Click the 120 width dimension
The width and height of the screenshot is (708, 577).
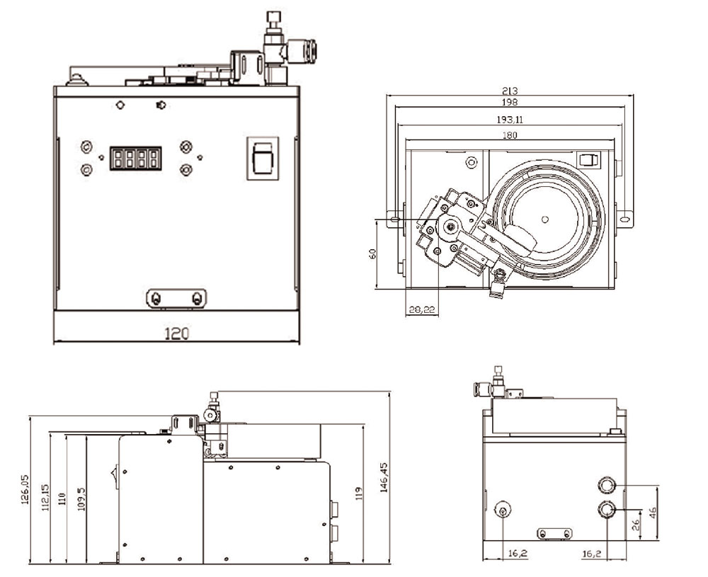pos(176,333)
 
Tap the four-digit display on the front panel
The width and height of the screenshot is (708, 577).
pos(135,157)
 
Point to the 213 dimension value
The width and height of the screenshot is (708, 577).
pos(510,91)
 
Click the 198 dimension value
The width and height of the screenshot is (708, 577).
pos(510,102)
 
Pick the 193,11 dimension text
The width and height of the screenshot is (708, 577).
pos(510,118)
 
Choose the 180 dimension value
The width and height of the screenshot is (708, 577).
pos(510,135)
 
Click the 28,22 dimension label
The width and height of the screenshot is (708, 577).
pos(422,309)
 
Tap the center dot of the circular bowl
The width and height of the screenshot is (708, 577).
pos(544,217)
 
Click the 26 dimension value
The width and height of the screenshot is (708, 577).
pos(635,525)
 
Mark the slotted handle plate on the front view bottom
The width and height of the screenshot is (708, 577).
pos(176,298)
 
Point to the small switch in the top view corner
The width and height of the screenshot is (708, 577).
pos(588,160)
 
